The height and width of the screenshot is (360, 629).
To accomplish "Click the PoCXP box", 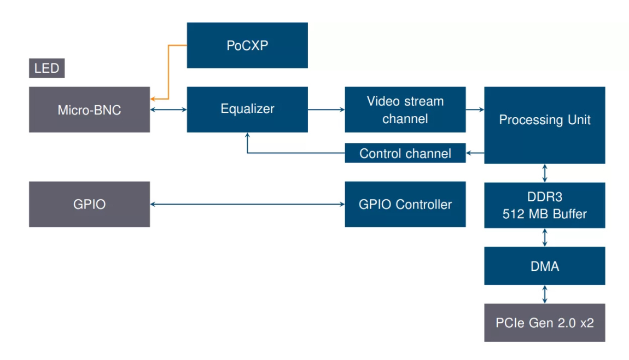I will point(247,45).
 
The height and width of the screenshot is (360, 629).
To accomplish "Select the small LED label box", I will point(46,69).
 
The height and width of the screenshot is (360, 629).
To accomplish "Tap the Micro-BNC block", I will point(89,109).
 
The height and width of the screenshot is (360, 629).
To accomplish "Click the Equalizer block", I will point(247,109).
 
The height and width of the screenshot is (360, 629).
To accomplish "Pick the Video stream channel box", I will point(405,109).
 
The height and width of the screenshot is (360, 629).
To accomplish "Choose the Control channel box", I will point(405,153).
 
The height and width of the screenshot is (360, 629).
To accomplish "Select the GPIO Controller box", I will point(405,204).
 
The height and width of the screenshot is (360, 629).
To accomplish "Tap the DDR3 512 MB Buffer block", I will point(544,205).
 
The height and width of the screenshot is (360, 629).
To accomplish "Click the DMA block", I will point(544,266).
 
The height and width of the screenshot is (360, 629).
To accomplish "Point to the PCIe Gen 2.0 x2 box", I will point(544,323).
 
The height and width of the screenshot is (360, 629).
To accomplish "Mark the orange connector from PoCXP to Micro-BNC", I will point(168,71).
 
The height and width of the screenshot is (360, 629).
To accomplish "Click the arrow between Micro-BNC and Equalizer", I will point(168,109).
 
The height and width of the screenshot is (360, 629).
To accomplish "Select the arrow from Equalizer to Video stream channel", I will point(326,109).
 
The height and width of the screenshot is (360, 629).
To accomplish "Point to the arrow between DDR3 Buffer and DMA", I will point(544,237).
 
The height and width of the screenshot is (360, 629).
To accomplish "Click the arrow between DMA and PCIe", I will point(544,294).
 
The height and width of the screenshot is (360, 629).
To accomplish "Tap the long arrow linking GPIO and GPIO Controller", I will point(247,205).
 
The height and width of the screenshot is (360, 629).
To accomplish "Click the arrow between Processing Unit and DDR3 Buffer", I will point(544,173).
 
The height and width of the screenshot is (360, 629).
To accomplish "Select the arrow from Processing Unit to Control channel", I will point(475,153).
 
